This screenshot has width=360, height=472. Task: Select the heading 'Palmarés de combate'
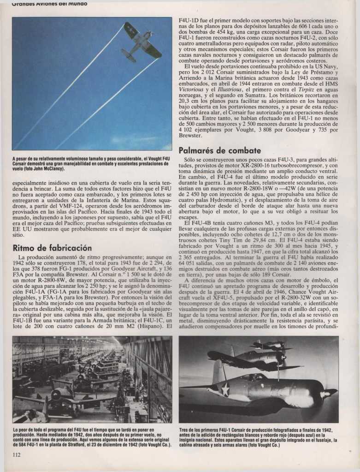tap(213, 150)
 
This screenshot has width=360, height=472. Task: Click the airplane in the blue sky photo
tap(141, 42)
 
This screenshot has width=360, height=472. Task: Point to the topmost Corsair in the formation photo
tap(271, 346)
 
